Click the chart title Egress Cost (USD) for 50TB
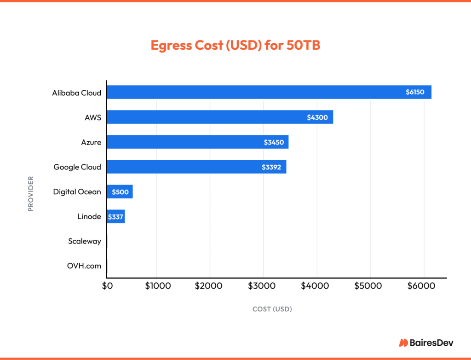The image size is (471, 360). [235, 46]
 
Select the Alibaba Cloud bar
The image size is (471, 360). [258, 92]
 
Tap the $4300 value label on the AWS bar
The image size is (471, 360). [317, 117]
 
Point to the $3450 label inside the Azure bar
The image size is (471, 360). [274, 142]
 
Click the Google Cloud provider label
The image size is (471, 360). [77, 167]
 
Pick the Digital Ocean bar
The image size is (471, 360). [120, 192]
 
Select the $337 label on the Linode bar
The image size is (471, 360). [115, 216]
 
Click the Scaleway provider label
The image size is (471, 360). [84, 241]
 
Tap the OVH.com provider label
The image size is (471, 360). [84, 266]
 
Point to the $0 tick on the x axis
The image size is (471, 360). [107, 286]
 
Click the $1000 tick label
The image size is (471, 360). [158, 286]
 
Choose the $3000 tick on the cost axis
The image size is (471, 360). [264, 286]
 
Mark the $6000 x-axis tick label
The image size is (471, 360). [421, 286]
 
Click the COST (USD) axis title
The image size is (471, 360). [272, 309]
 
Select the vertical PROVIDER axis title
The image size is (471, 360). [31, 193]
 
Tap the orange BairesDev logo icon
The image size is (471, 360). [403, 343]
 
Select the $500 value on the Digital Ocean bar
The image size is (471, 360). [120, 192]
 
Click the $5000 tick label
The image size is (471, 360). [368, 286]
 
